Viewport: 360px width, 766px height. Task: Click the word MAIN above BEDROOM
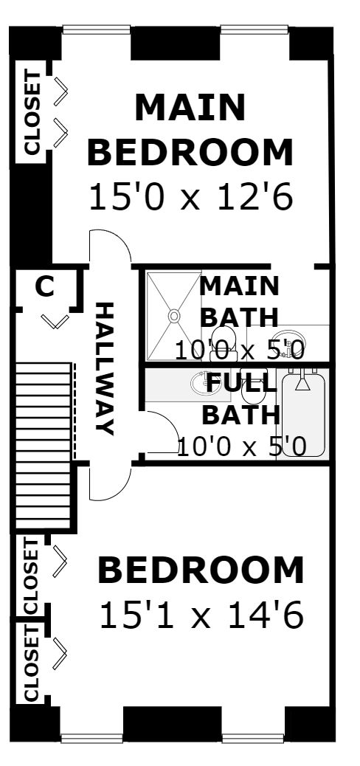[190, 108]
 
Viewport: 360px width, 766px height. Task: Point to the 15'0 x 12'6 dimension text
[191, 197]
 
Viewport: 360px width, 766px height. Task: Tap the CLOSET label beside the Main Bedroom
[32, 113]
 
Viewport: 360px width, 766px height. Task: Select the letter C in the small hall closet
[45, 287]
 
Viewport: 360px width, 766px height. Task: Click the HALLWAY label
[105, 368]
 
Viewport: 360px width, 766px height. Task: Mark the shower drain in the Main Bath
[173, 316]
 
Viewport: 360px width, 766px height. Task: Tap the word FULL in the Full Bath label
[240, 382]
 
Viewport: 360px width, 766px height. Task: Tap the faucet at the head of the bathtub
[303, 381]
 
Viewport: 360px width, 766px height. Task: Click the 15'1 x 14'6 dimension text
[201, 615]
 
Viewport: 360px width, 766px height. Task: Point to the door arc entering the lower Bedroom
[121, 489]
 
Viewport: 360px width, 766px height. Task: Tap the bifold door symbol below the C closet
[55, 322]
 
